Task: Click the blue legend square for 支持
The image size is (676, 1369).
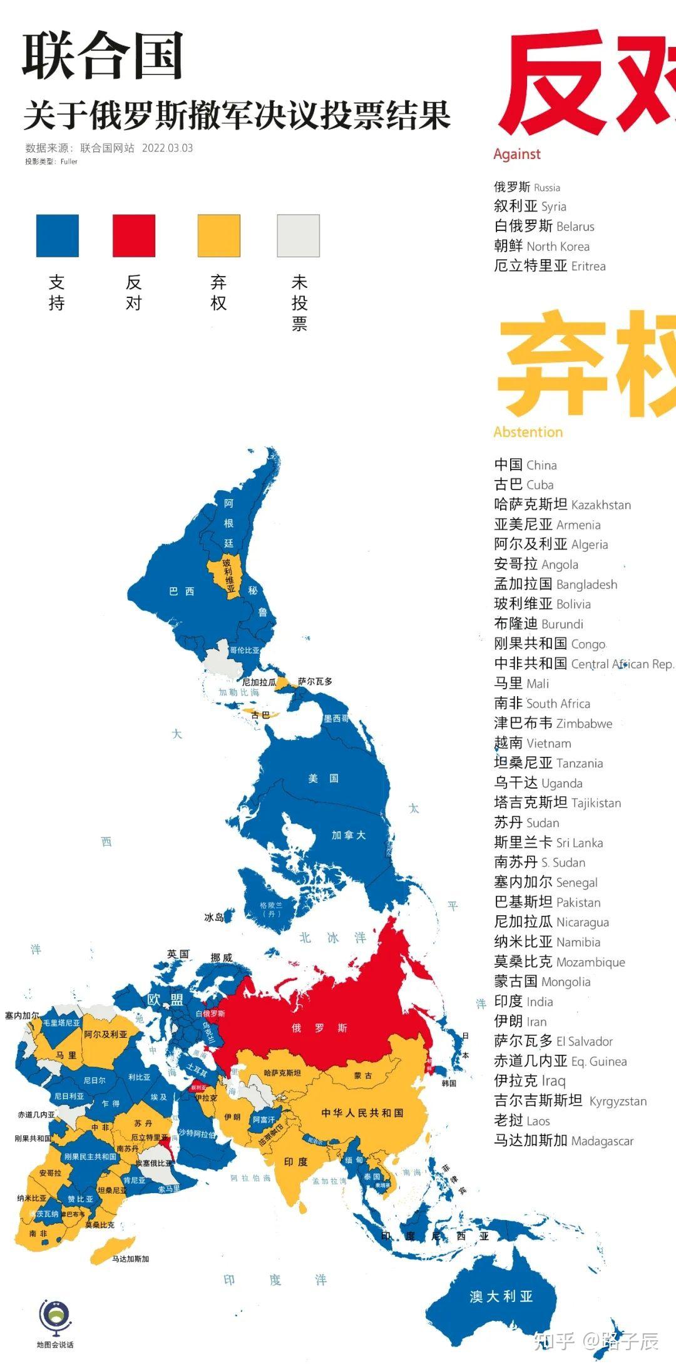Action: pyautogui.click(x=58, y=236)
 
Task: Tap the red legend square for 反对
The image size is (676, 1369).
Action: pyautogui.click(x=134, y=236)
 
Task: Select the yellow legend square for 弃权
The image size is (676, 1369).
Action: pyautogui.click(x=219, y=236)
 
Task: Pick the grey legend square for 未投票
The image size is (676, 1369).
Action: pyautogui.click(x=299, y=236)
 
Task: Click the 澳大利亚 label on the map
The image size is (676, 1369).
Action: pyautogui.click(x=501, y=1296)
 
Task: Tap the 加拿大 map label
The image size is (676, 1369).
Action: pyautogui.click(x=349, y=835)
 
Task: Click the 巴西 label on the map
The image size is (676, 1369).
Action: pyautogui.click(x=182, y=591)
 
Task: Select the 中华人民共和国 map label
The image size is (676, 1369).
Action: pyautogui.click(x=362, y=1112)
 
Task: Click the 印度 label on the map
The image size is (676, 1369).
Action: pyautogui.click(x=296, y=1162)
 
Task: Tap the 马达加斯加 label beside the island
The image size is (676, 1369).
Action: pyautogui.click(x=130, y=1259)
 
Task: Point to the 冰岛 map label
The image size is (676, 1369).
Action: pyautogui.click(x=214, y=917)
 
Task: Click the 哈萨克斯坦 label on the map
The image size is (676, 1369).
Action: pyautogui.click(x=282, y=1073)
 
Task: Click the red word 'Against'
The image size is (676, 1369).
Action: pyautogui.click(x=517, y=154)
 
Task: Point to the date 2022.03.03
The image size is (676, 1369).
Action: pyautogui.click(x=167, y=148)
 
